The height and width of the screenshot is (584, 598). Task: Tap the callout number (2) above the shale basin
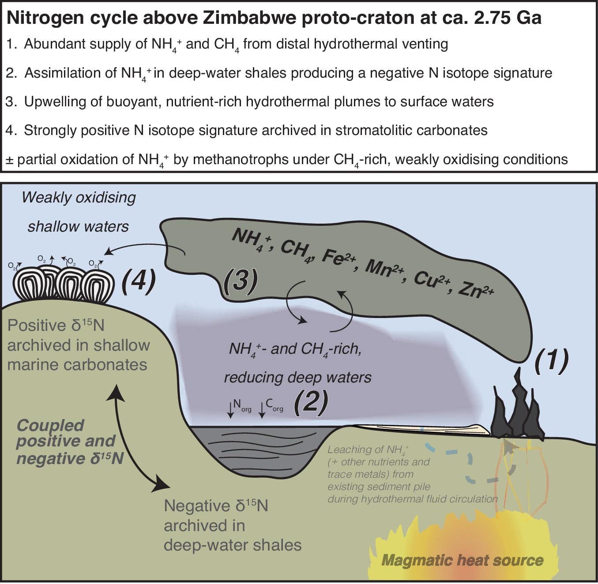pos(311,402)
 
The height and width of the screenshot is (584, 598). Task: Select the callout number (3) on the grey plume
pos(241,281)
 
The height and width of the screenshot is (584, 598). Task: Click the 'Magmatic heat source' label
pos(462,560)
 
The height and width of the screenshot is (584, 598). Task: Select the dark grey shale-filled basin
pos(258,450)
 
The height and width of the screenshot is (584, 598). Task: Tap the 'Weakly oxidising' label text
pos(79,197)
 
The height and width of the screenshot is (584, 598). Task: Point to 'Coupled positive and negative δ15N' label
pos(66,442)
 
